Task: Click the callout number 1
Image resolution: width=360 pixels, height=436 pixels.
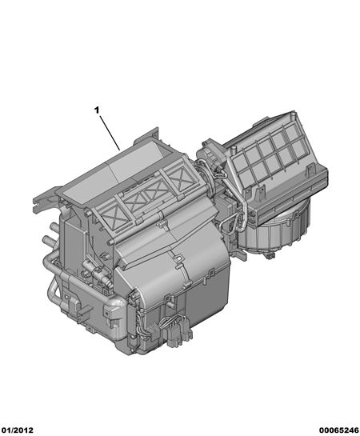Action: [x=97, y=110]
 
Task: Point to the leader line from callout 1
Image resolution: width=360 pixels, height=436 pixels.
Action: [x=110, y=133]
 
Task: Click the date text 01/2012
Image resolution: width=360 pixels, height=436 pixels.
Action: [x=18, y=430]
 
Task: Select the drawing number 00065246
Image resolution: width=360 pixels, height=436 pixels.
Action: [x=338, y=430]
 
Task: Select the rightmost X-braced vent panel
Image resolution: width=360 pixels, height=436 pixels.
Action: [x=179, y=174]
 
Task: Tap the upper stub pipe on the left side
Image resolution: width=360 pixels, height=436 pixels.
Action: [x=54, y=227]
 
